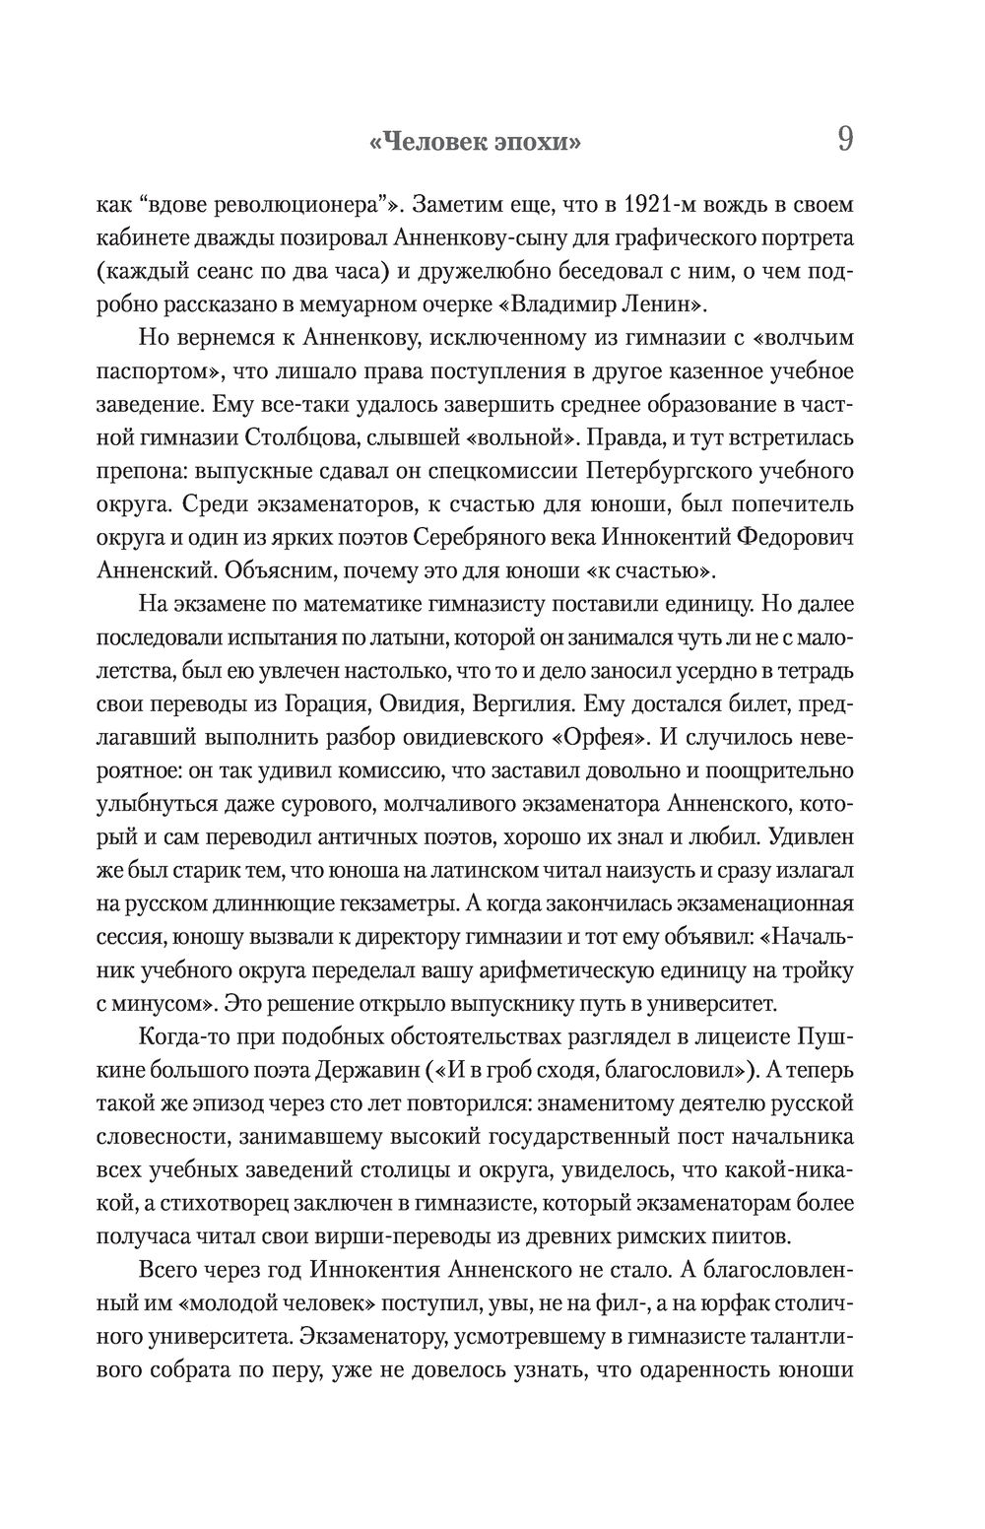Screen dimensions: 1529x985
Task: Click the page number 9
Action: tap(844, 139)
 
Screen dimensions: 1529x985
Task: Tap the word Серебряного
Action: tap(485, 539)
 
